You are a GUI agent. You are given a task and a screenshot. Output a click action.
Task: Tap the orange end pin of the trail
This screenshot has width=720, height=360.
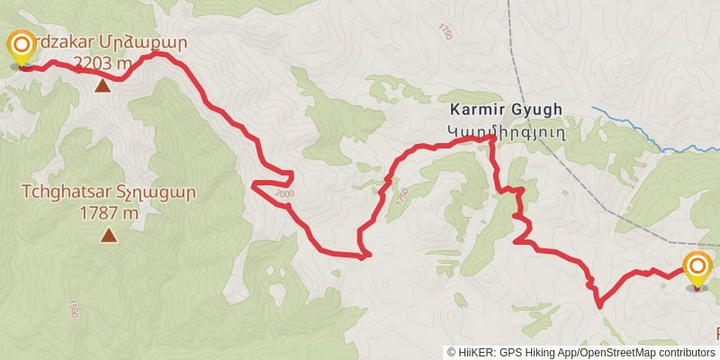pyautogui.click(x=697, y=269)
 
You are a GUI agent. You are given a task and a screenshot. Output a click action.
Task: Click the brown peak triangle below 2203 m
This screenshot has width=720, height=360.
pyautogui.click(x=103, y=85)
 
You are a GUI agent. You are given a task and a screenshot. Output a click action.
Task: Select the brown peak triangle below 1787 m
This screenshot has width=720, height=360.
pyautogui.click(x=109, y=236)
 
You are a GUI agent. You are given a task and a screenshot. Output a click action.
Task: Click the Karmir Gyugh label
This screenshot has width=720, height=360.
pyautogui.click(x=507, y=110)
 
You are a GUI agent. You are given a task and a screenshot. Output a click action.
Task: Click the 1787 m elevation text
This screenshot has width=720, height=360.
pyautogui.click(x=109, y=213)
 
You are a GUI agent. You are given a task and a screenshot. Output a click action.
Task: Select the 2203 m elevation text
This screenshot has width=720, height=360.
pyautogui.click(x=103, y=62)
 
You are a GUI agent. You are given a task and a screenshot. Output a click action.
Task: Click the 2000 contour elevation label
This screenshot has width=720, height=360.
pyautogui.click(x=284, y=193)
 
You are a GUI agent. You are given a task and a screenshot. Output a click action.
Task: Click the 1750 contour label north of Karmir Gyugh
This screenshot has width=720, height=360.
pyautogui.click(x=446, y=29)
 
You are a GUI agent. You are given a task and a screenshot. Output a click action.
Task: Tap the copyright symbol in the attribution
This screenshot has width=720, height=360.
pyautogui.click(x=452, y=353)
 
